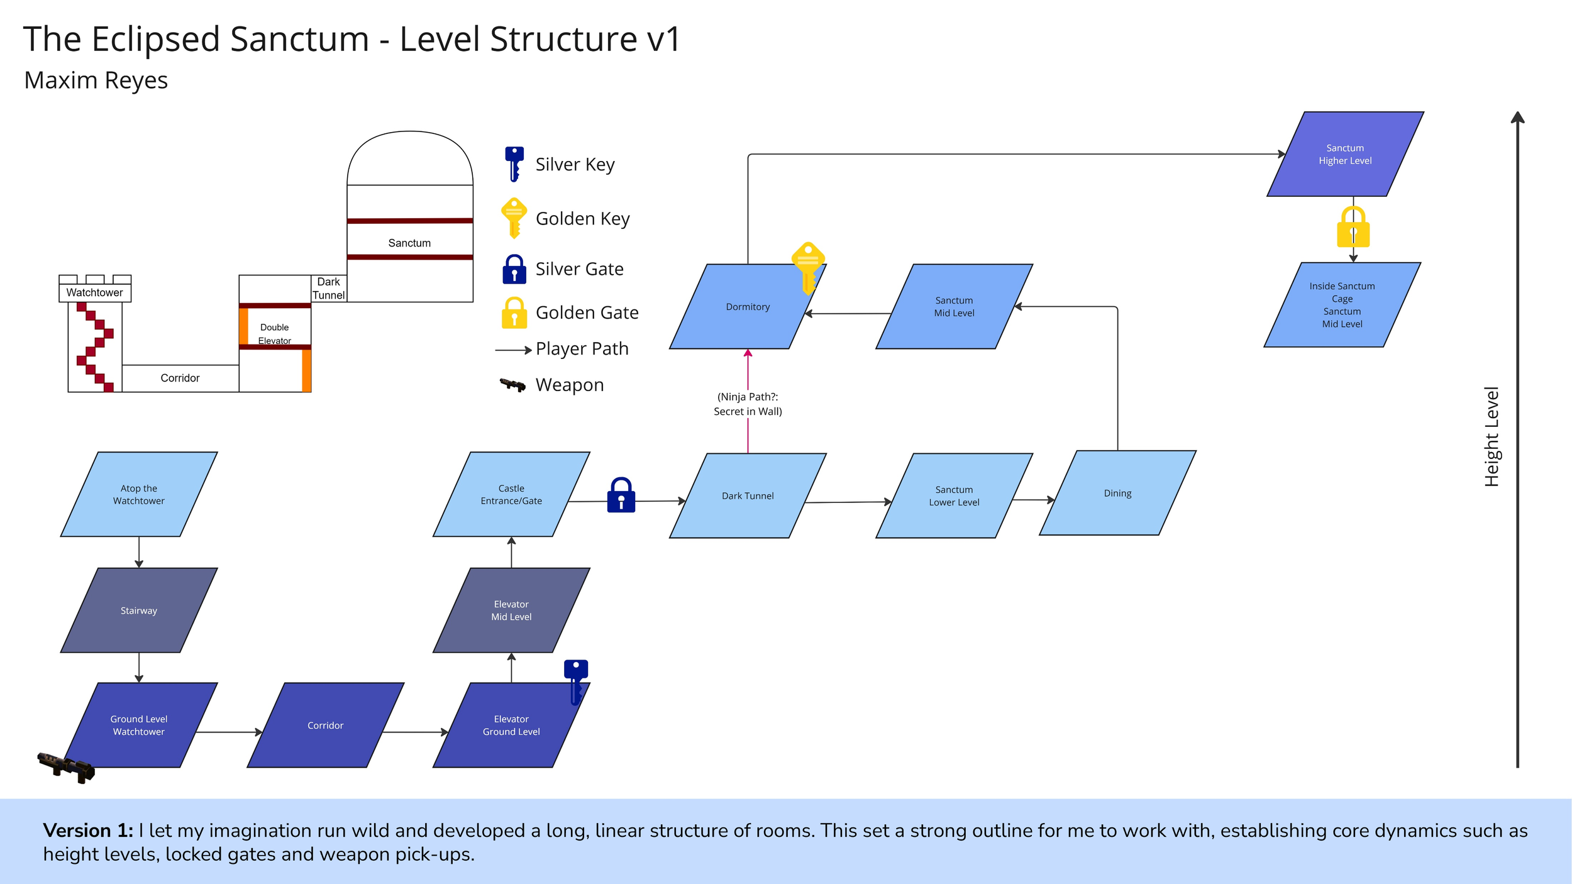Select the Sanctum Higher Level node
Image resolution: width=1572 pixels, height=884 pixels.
coord(1345,154)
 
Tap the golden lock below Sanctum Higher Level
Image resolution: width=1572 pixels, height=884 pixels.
coord(1353,228)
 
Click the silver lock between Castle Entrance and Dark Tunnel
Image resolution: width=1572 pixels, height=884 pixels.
coord(621,495)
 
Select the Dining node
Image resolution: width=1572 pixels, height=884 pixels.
coord(1117,494)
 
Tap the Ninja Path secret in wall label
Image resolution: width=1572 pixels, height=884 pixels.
coord(748,404)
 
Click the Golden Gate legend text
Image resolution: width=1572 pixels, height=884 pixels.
coord(587,312)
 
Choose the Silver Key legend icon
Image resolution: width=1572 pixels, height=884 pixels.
coord(514,163)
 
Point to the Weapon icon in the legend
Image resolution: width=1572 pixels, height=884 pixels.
coord(512,384)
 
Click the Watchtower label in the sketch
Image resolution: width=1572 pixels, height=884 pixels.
coord(94,292)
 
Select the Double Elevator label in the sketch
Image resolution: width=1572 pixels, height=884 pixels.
coord(274,334)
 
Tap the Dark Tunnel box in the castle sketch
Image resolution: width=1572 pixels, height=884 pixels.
coord(328,289)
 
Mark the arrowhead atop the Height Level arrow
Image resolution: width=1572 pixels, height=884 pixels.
coord(1518,118)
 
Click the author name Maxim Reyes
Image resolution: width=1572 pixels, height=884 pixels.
coord(96,80)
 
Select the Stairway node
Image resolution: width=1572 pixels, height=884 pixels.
coord(138,611)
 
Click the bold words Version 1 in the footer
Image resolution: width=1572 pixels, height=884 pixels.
coord(88,831)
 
